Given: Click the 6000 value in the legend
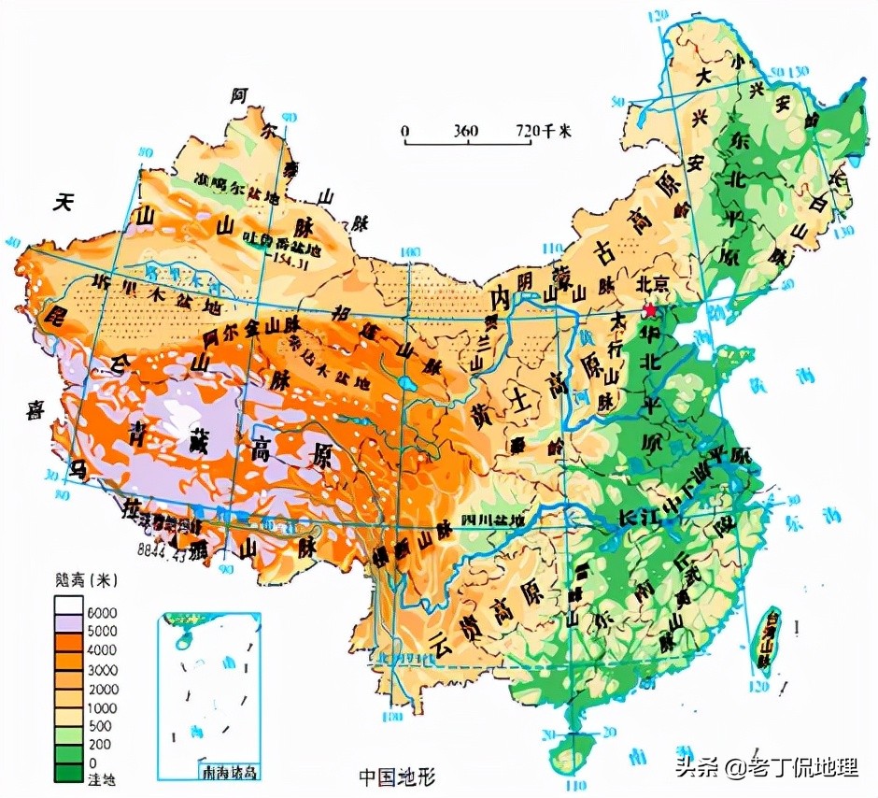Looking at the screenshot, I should (x=102, y=611).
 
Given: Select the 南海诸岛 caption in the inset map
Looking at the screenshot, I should (x=229, y=772).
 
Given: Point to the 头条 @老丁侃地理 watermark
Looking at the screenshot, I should (x=766, y=767).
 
